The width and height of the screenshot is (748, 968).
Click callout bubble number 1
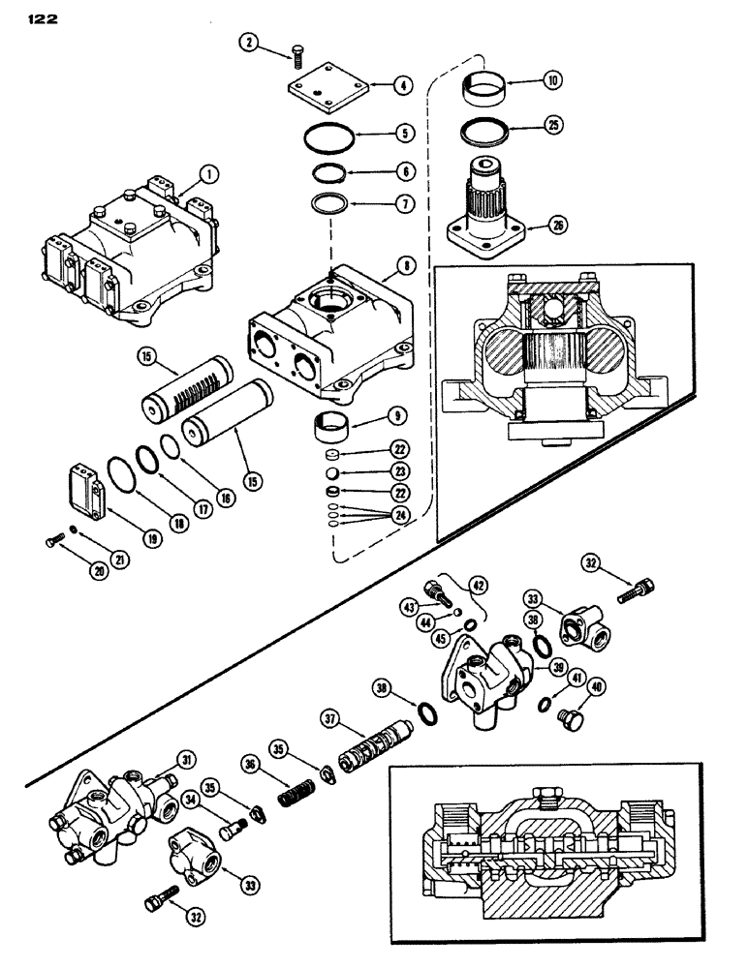[x=206, y=174]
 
